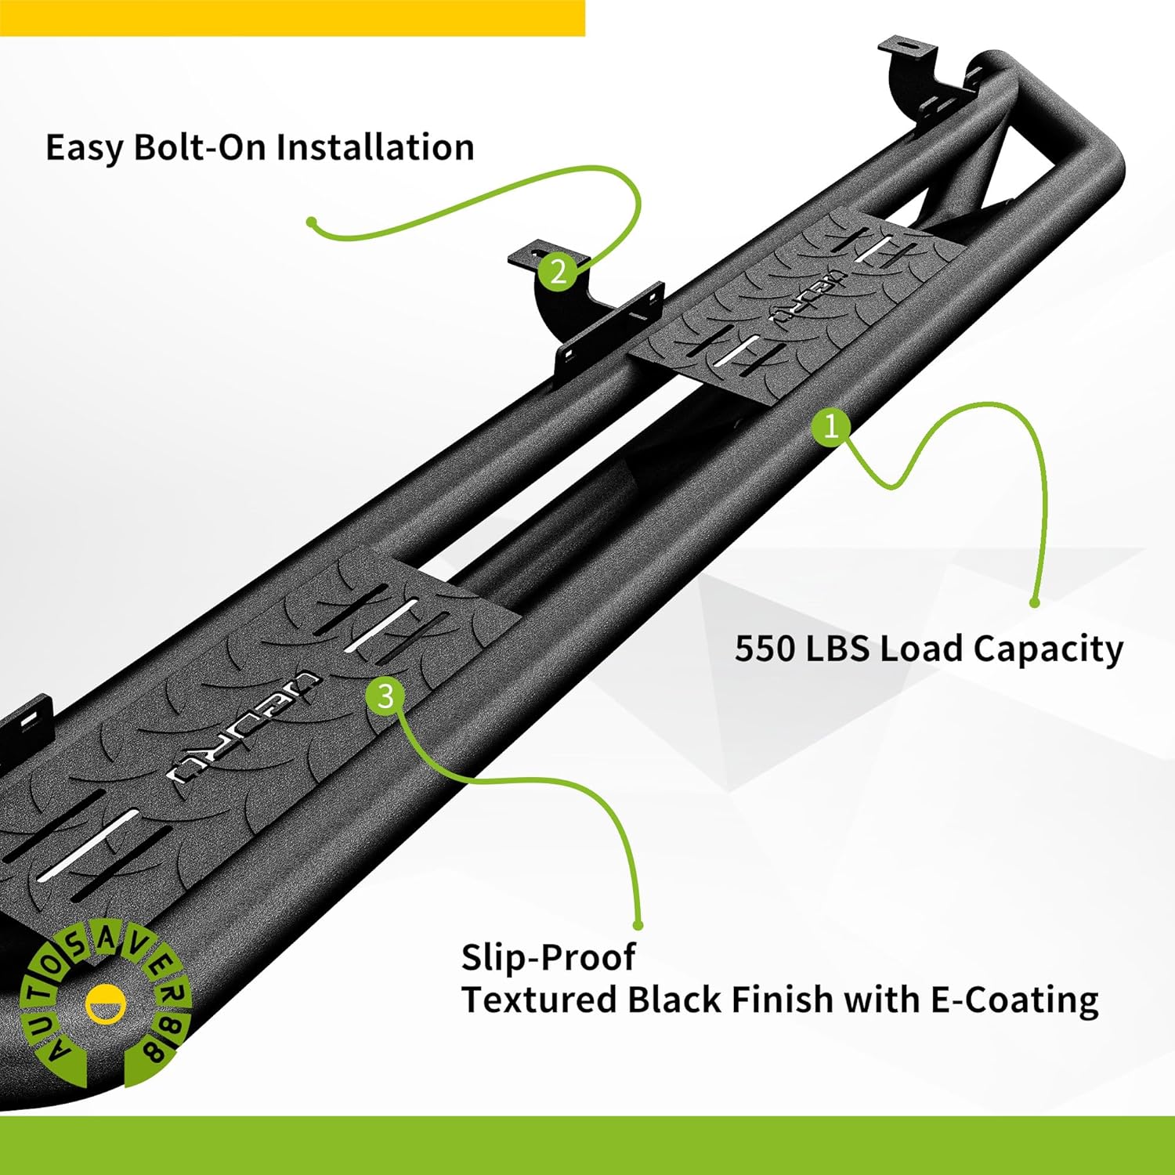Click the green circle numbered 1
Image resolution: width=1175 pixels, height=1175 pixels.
pyautogui.click(x=831, y=427)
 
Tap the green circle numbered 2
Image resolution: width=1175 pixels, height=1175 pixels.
pyautogui.click(x=557, y=272)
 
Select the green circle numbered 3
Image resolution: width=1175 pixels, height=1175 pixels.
pyautogui.click(x=385, y=696)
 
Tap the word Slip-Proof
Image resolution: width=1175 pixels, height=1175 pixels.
pyautogui.click(x=548, y=957)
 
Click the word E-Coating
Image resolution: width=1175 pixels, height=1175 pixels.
pyautogui.click(x=1014, y=1000)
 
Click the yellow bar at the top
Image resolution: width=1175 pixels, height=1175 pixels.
pyautogui.click(x=292, y=17)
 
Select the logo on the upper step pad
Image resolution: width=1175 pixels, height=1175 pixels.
pyautogui.click(x=808, y=298)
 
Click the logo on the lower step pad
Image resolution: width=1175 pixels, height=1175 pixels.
pyautogui.click(x=243, y=728)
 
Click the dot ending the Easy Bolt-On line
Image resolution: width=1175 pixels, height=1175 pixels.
pyautogui.click(x=311, y=222)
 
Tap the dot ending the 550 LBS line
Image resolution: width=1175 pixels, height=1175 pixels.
pyautogui.click(x=1034, y=602)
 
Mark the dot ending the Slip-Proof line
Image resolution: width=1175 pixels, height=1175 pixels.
pyautogui.click(x=638, y=925)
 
